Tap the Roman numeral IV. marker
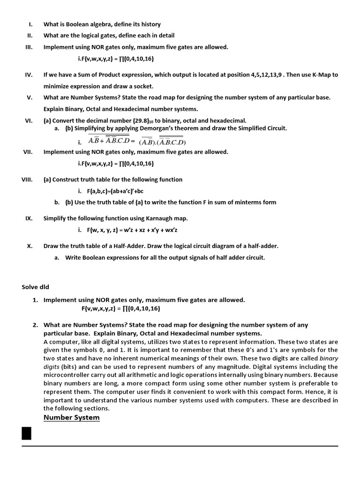(28, 75)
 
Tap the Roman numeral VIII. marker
(27, 180)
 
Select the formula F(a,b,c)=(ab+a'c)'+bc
(115, 191)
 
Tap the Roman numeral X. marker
(29, 246)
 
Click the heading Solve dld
(35, 287)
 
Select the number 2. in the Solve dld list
(36, 325)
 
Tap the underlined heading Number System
(71, 418)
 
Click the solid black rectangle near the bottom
(27, 433)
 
